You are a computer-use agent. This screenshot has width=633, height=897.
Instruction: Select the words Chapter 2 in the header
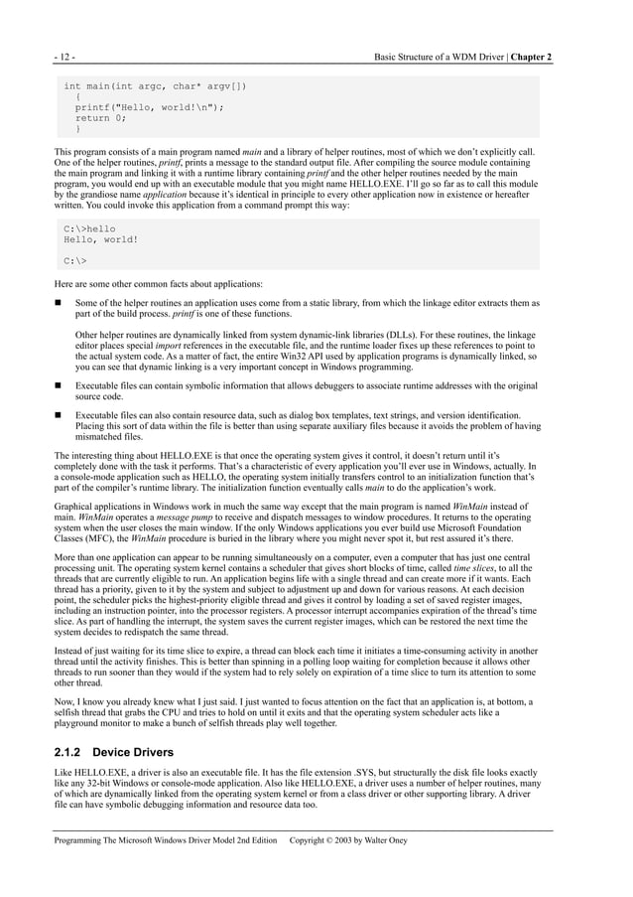coord(532,57)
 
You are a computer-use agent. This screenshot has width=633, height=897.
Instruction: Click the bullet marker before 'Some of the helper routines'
coord(59,303)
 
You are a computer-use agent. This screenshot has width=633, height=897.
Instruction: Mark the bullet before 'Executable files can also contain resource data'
coord(59,414)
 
